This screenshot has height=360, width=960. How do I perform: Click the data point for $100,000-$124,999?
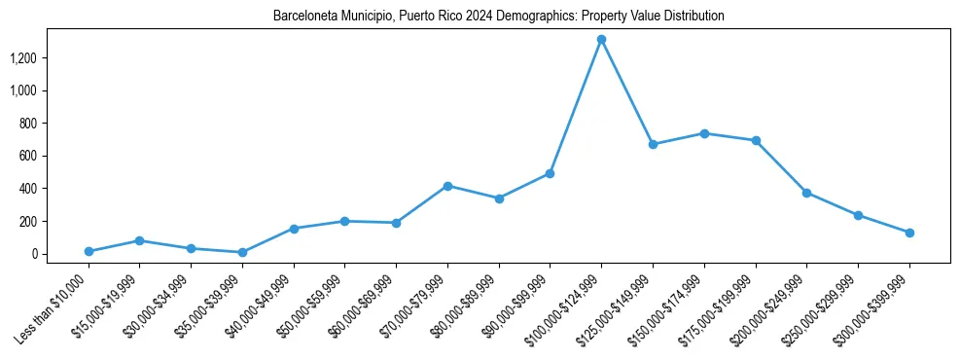(x=601, y=40)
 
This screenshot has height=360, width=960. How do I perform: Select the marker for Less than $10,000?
(x=89, y=251)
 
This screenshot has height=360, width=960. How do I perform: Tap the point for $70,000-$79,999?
(x=447, y=186)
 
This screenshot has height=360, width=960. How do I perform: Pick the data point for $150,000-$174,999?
(x=704, y=133)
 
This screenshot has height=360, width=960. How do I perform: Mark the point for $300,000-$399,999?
(x=909, y=233)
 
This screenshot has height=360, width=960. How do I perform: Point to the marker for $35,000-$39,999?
(x=242, y=252)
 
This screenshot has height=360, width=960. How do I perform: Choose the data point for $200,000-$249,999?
(x=806, y=193)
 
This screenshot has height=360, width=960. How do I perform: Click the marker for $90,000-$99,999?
(x=550, y=173)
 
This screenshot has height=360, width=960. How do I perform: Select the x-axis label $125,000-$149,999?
(x=619, y=308)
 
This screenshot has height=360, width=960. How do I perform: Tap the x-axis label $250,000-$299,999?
(x=824, y=308)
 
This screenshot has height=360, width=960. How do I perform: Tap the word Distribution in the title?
(x=693, y=17)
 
